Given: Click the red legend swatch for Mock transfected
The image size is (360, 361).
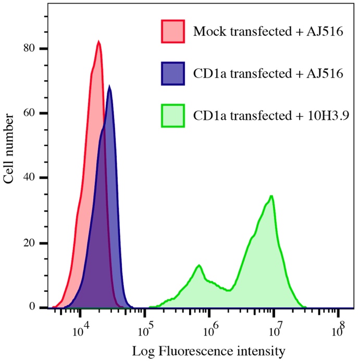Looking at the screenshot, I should coord(172,32).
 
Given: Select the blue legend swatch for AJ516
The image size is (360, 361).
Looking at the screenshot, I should coord(172,73).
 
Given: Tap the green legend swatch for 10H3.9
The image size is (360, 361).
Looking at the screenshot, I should coord(172,115).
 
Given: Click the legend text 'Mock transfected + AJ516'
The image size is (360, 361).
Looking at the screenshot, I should coord(267,32).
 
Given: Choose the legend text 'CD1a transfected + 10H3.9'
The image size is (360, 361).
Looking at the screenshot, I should coord(270,115).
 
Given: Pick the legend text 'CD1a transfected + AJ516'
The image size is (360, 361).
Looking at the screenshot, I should coord(268,73).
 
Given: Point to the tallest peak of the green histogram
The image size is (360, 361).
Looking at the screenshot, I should coord(272,196).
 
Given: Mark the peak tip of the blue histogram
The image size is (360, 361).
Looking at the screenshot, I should coord(109,86).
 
